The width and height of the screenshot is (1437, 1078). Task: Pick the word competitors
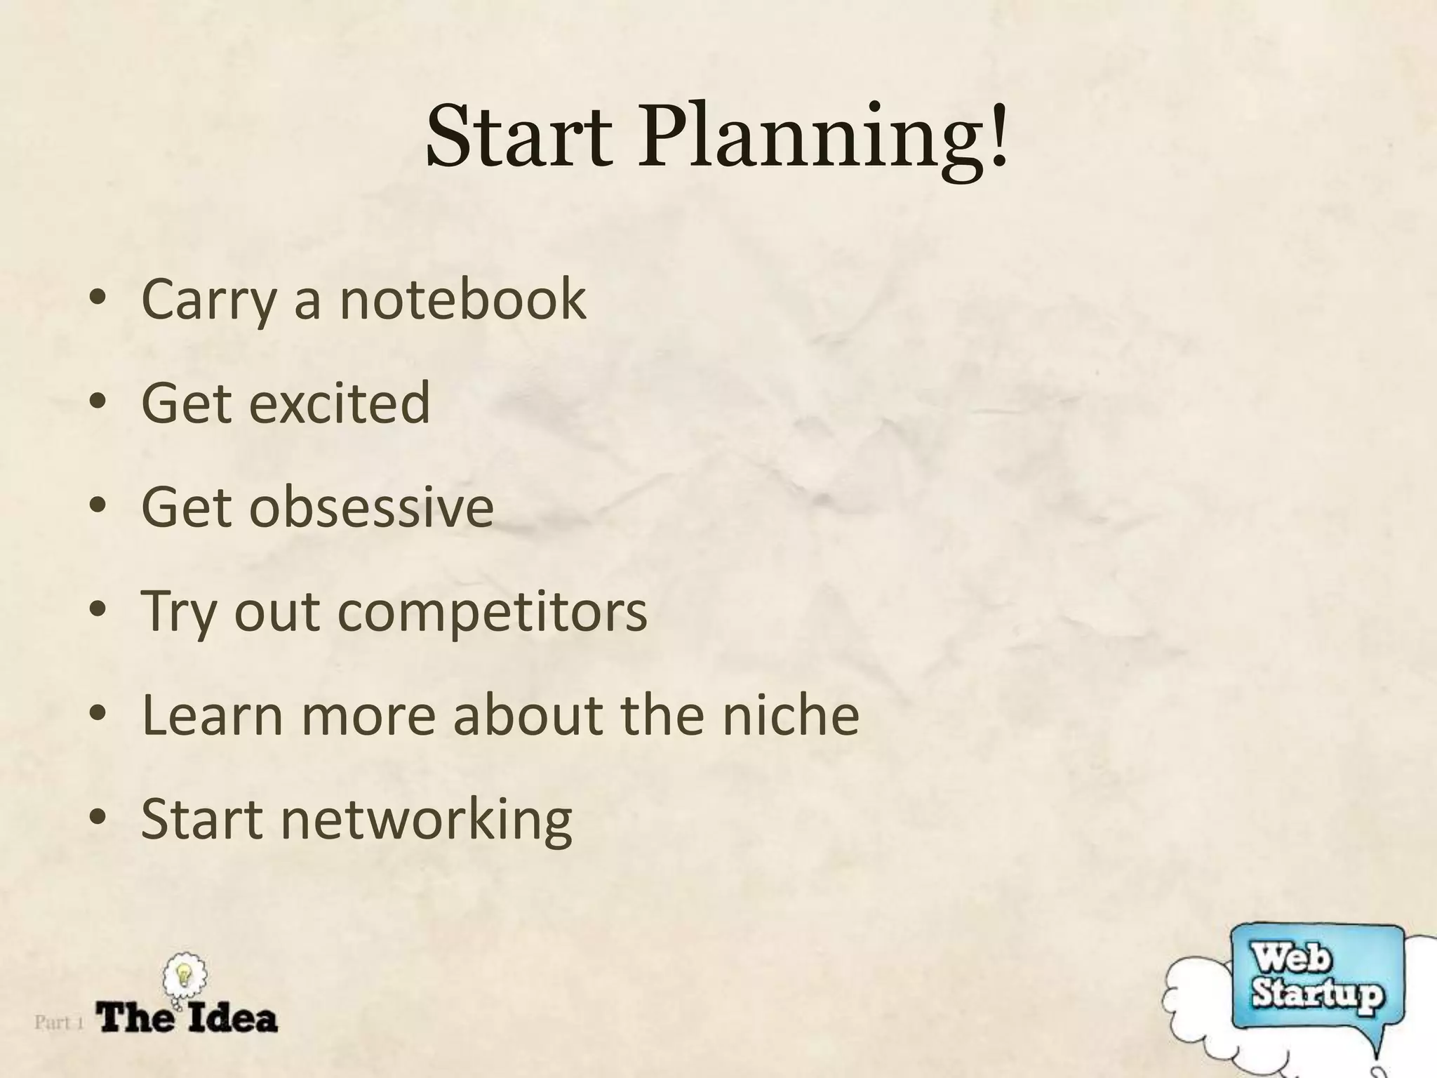click(x=492, y=612)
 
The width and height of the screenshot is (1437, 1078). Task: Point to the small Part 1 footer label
click(x=59, y=1022)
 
